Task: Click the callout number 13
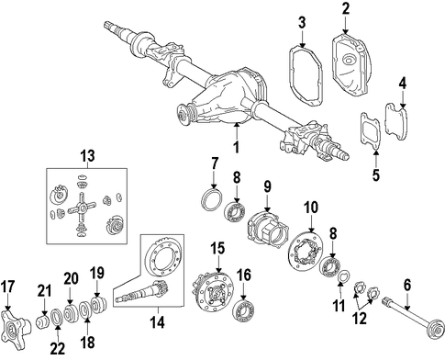[87, 156]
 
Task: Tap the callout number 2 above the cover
[346, 9]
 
